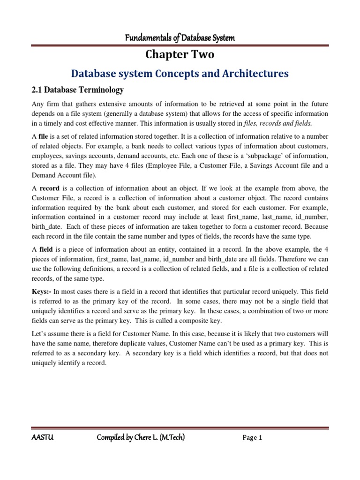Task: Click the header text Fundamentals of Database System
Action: point(180,38)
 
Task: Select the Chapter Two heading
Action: point(180,55)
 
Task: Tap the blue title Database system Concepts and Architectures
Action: point(180,74)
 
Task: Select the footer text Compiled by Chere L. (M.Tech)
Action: point(141,438)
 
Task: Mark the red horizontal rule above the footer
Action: point(180,427)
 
